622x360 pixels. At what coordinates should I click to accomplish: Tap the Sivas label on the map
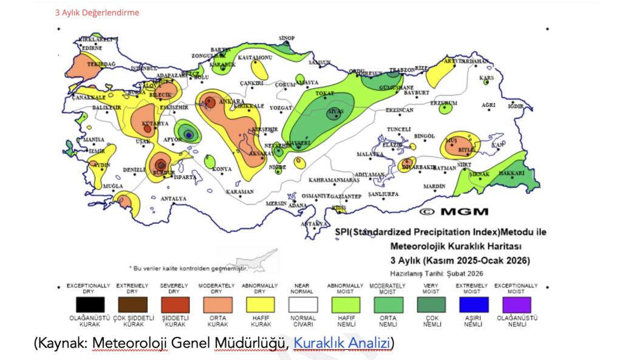336,112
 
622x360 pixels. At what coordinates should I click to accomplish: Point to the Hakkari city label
512,173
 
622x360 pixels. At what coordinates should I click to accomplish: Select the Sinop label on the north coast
286,38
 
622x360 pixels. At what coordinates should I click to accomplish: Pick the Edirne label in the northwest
92,47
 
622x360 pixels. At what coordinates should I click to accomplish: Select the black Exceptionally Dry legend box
88,304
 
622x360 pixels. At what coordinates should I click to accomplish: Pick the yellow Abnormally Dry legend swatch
259,304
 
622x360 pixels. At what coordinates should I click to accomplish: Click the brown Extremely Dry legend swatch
131,304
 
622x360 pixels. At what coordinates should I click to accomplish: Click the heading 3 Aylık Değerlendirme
97,12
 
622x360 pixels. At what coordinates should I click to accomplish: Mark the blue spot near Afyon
189,134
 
